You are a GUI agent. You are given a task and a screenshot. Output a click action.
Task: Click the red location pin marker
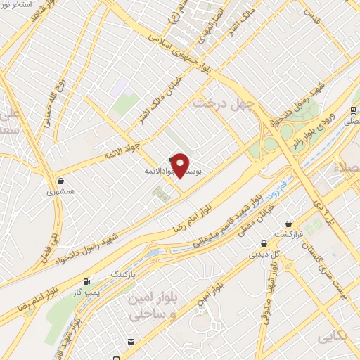180,165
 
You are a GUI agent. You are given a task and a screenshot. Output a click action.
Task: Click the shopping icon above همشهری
61,181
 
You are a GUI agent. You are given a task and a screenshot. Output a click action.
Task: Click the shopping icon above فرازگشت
289,224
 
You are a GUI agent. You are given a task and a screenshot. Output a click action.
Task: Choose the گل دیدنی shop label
266,253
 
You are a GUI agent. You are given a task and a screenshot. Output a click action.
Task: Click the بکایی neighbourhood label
333,338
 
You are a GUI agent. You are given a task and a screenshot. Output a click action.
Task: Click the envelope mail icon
131,342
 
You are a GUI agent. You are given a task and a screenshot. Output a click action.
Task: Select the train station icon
354,110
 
